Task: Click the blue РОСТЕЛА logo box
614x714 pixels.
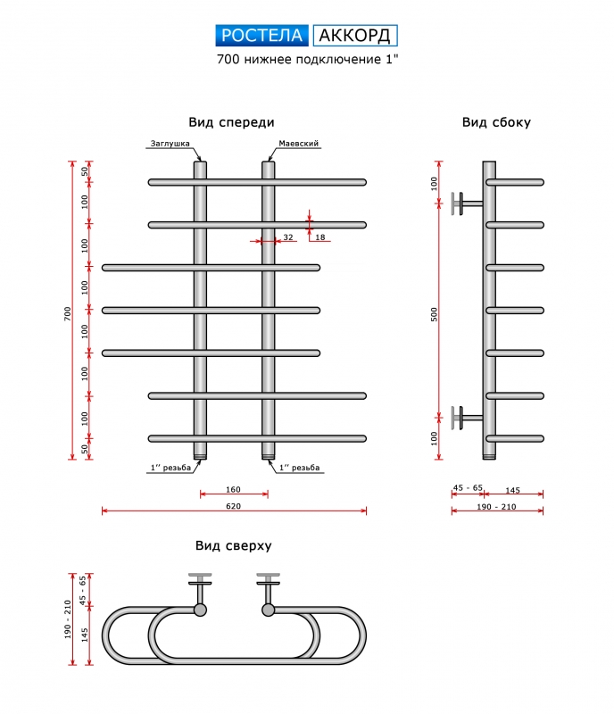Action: (x=263, y=36)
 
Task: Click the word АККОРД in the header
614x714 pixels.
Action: (x=354, y=36)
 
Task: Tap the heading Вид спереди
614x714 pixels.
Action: (x=231, y=122)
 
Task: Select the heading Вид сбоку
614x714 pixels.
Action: (x=496, y=122)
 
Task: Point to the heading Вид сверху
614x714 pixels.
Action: (x=233, y=545)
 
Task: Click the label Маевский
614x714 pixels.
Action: (x=299, y=144)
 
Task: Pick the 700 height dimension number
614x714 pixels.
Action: (x=67, y=313)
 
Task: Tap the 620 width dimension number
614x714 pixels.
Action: (x=234, y=506)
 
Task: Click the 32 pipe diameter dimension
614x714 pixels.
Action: (x=287, y=237)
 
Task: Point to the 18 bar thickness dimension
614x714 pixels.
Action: (x=320, y=237)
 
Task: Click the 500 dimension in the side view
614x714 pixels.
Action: (x=434, y=313)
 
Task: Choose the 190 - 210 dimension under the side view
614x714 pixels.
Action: (x=497, y=506)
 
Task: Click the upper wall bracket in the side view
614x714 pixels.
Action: (x=463, y=203)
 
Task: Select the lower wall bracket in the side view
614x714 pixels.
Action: (x=463, y=416)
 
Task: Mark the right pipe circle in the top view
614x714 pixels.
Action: (x=268, y=610)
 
